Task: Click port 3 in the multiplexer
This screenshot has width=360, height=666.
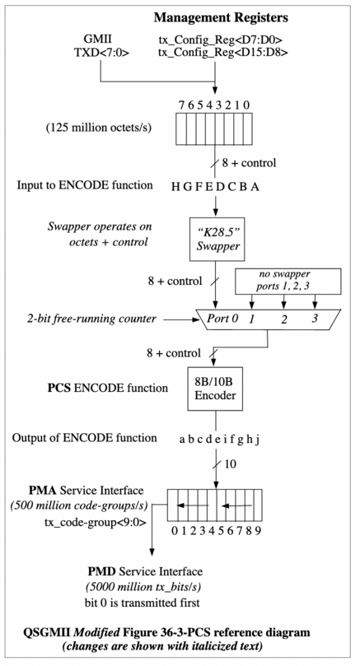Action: pyautogui.click(x=314, y=317)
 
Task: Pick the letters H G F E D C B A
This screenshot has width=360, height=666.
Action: pyautogui.click(x=216, y=187)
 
